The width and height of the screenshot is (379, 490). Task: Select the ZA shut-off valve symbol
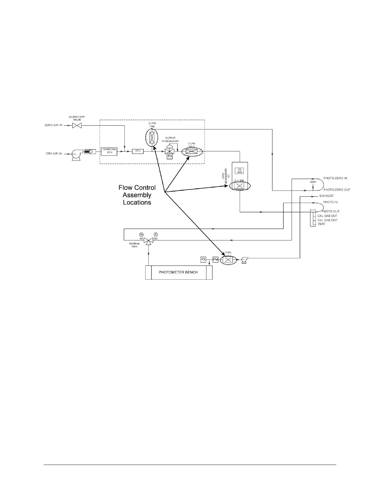(76, 125)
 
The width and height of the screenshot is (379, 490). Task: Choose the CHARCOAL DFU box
(109, 151)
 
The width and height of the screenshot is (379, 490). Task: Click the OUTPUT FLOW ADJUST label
(170, 139)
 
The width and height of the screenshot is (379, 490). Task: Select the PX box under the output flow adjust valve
(170, 156)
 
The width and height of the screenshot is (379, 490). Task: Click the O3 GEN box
(239, 171)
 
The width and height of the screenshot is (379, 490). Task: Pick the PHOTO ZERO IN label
(335, 178)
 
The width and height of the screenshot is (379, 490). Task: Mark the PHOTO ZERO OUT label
(337, 190)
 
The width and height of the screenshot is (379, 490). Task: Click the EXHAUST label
(326, 196)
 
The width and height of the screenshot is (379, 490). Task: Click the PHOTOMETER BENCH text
(178, 272)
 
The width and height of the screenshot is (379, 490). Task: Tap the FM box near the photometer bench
(216, 260)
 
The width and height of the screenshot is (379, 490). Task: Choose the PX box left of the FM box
(203, 260)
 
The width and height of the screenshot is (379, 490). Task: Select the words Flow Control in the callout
(137, 187)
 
